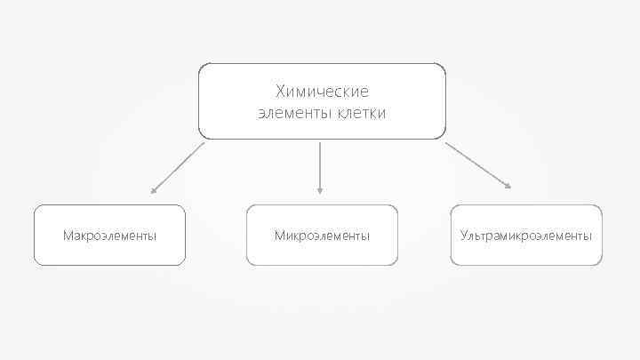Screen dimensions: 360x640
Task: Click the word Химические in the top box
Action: pos(322,91)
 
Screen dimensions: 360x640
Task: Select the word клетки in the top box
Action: pos(362,114)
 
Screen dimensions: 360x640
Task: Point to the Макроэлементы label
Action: pos(109,236)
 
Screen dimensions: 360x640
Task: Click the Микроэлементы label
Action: pos(322,236)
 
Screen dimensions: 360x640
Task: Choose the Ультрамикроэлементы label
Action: pos(526,236)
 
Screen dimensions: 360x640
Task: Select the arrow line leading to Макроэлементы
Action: pos(178,167)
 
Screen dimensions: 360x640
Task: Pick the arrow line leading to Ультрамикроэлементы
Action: pos(476,164)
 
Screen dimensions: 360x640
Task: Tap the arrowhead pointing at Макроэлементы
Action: pos(154,190)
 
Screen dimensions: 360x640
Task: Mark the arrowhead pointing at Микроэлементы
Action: pos(320,189)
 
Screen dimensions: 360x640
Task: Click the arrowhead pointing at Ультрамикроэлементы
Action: pos(508,186)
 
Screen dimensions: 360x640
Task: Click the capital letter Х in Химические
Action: pos(281,91)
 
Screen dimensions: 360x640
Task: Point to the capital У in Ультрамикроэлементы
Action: pos(464,236)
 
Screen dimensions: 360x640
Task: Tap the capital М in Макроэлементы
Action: pos(68,236)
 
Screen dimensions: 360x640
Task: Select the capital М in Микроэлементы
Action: pos(279,236)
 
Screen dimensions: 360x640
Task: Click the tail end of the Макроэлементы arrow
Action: pos(204,143)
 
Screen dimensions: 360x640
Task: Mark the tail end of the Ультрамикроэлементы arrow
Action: pos(446,143)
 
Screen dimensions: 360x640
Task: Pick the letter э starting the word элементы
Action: pos(260,114)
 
